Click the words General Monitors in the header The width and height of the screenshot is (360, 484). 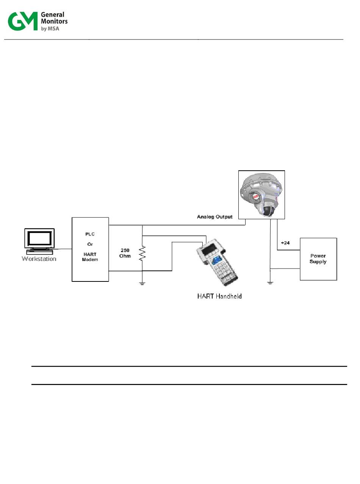click(x=54, y=18)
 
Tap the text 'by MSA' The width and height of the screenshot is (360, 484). click(x=50, y=28)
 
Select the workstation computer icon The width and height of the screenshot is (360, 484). click(x=39, y=240)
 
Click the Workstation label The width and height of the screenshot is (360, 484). click(x=39, y=259)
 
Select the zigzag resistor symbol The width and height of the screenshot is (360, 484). click(x=142, y=253)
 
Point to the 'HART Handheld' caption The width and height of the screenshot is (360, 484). click(x=219, y=296)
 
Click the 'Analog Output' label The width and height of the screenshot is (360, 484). click(x=214, y=217)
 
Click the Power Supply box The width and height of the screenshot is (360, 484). click(x=318, y=259)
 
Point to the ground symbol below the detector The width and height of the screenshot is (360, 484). click(x=270, y=283)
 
